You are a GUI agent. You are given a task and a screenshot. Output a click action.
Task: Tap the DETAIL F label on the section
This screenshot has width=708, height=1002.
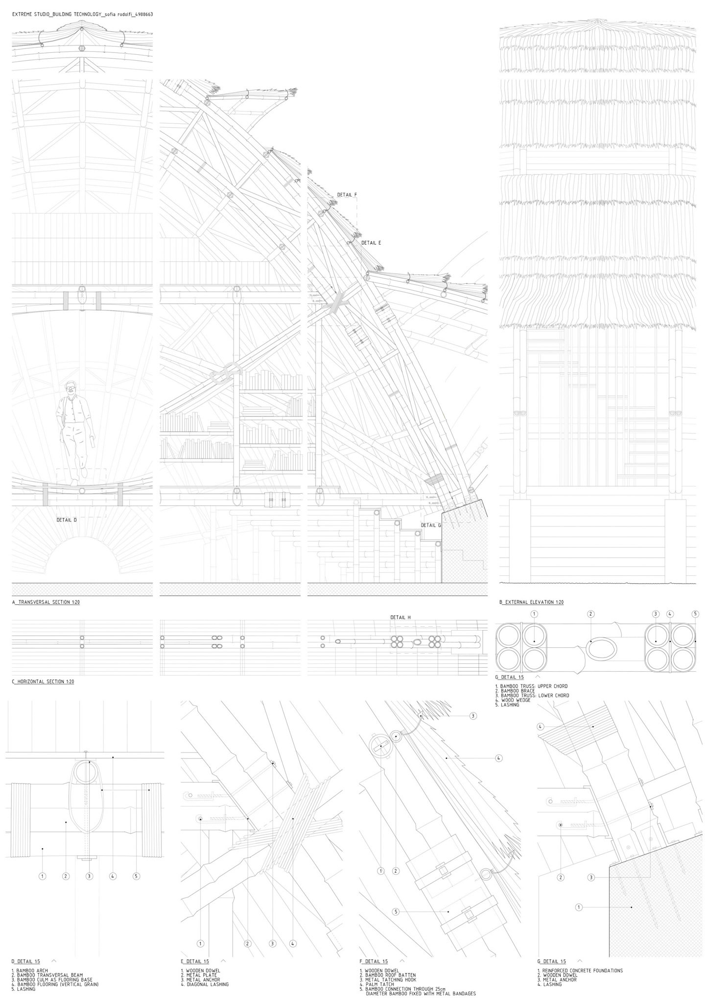click(x=347, y=195)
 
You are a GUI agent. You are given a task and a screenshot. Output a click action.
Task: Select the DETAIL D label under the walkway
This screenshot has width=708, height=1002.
click(x=67, y=520)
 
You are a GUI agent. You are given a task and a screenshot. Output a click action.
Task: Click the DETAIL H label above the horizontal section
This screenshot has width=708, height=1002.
click(x=401, y=617)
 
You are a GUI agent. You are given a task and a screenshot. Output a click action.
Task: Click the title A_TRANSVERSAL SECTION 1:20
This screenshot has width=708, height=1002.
click(x=46, y=602)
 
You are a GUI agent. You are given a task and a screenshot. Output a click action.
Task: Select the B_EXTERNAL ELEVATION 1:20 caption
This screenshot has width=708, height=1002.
click(x=531, y=602)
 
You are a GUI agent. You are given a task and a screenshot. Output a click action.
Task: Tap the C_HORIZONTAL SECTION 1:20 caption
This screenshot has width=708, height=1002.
click(x=43, y=682)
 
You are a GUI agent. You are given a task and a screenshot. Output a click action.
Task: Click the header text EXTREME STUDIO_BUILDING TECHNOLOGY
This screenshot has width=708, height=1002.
click(x=58, y=15)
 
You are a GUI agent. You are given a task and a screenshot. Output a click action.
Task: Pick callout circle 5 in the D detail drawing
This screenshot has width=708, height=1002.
click(x=136, y=876)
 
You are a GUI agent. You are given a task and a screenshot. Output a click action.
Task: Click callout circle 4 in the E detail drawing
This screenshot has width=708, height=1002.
click(x=292, y=943)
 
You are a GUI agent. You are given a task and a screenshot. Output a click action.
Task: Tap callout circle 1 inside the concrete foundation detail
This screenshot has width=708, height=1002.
click(x=578, y=907)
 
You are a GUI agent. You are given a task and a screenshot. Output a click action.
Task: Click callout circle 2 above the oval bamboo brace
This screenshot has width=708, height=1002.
click(x=591, y=614)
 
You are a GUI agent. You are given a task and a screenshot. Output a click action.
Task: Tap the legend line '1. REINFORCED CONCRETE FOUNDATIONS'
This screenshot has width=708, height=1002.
click(x=580, y=971)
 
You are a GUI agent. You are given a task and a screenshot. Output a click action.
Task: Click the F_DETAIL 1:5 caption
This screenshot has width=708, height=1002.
click(x=374, y=961)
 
